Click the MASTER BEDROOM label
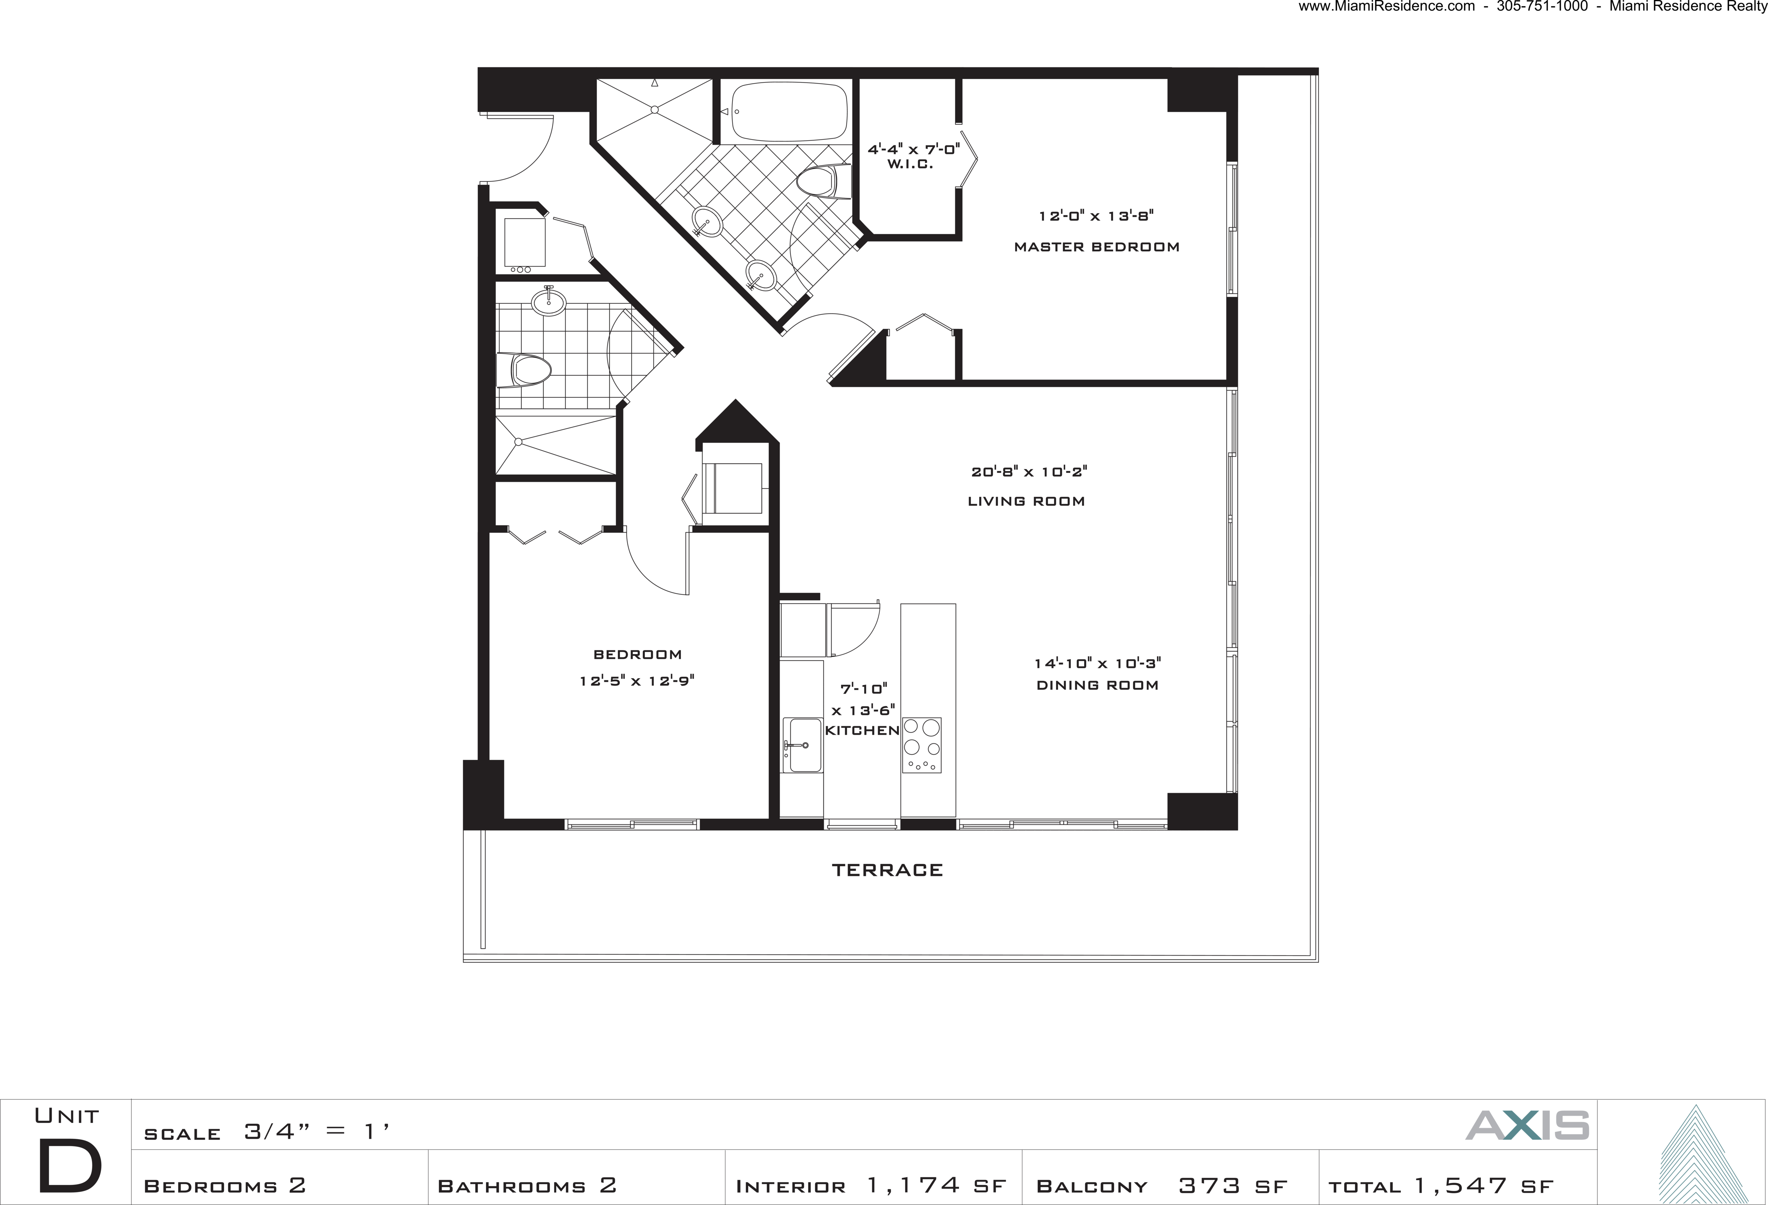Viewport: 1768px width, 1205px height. coord(1096,246)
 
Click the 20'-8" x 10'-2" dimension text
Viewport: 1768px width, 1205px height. coord(1029,472)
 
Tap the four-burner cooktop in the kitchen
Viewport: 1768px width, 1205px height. coord(921,745)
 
